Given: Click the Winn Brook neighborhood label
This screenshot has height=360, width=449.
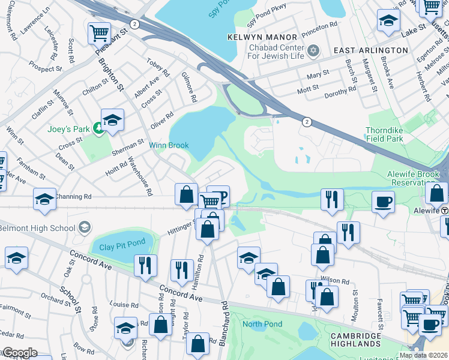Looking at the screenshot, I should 169,145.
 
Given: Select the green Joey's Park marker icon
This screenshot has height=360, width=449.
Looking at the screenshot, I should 97,131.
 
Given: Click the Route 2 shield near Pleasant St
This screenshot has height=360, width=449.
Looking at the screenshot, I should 134,24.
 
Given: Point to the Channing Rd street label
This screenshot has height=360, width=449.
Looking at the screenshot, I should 73,196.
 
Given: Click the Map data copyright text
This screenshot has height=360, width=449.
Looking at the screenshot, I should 423,355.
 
